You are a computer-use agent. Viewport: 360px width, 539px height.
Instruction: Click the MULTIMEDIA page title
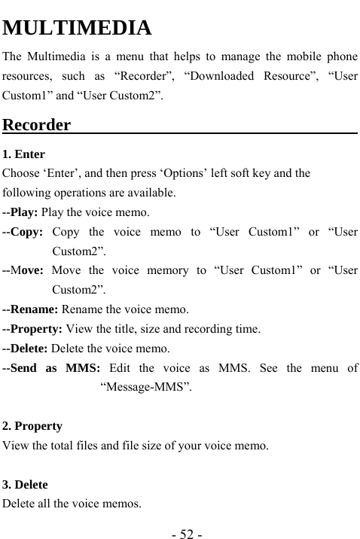[x=78, y=29]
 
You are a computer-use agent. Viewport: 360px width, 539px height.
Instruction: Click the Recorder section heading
[x=37, y=124]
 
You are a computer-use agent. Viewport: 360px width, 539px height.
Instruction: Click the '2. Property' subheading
[x=32, y=426]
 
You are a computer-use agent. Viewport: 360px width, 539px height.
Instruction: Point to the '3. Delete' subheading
[x=26, y=485]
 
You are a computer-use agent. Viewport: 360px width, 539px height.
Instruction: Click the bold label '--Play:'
[x=21, y=212]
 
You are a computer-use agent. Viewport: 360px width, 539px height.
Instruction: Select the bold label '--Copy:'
[x=23, y=232]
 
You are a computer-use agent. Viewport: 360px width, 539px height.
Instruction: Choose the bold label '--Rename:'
[x=31, y=309]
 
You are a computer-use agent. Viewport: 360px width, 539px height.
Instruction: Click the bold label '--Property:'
[x=34, y=329]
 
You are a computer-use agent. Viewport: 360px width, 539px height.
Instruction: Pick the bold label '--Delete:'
[x=26, y=349]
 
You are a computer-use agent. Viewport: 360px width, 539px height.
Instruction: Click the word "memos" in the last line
[x=123, y=504]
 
